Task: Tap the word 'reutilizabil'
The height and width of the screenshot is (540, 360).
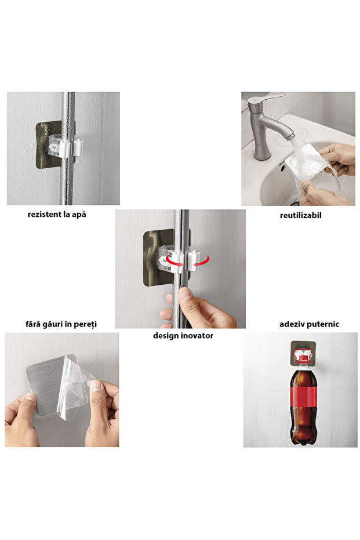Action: [300, 215]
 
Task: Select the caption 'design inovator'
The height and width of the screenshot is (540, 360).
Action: [183, 335]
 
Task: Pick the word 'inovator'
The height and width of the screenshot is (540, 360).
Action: [197, 335]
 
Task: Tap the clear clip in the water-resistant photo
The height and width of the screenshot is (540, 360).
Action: [64, 145]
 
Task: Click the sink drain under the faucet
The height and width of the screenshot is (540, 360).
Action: [295, 202]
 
